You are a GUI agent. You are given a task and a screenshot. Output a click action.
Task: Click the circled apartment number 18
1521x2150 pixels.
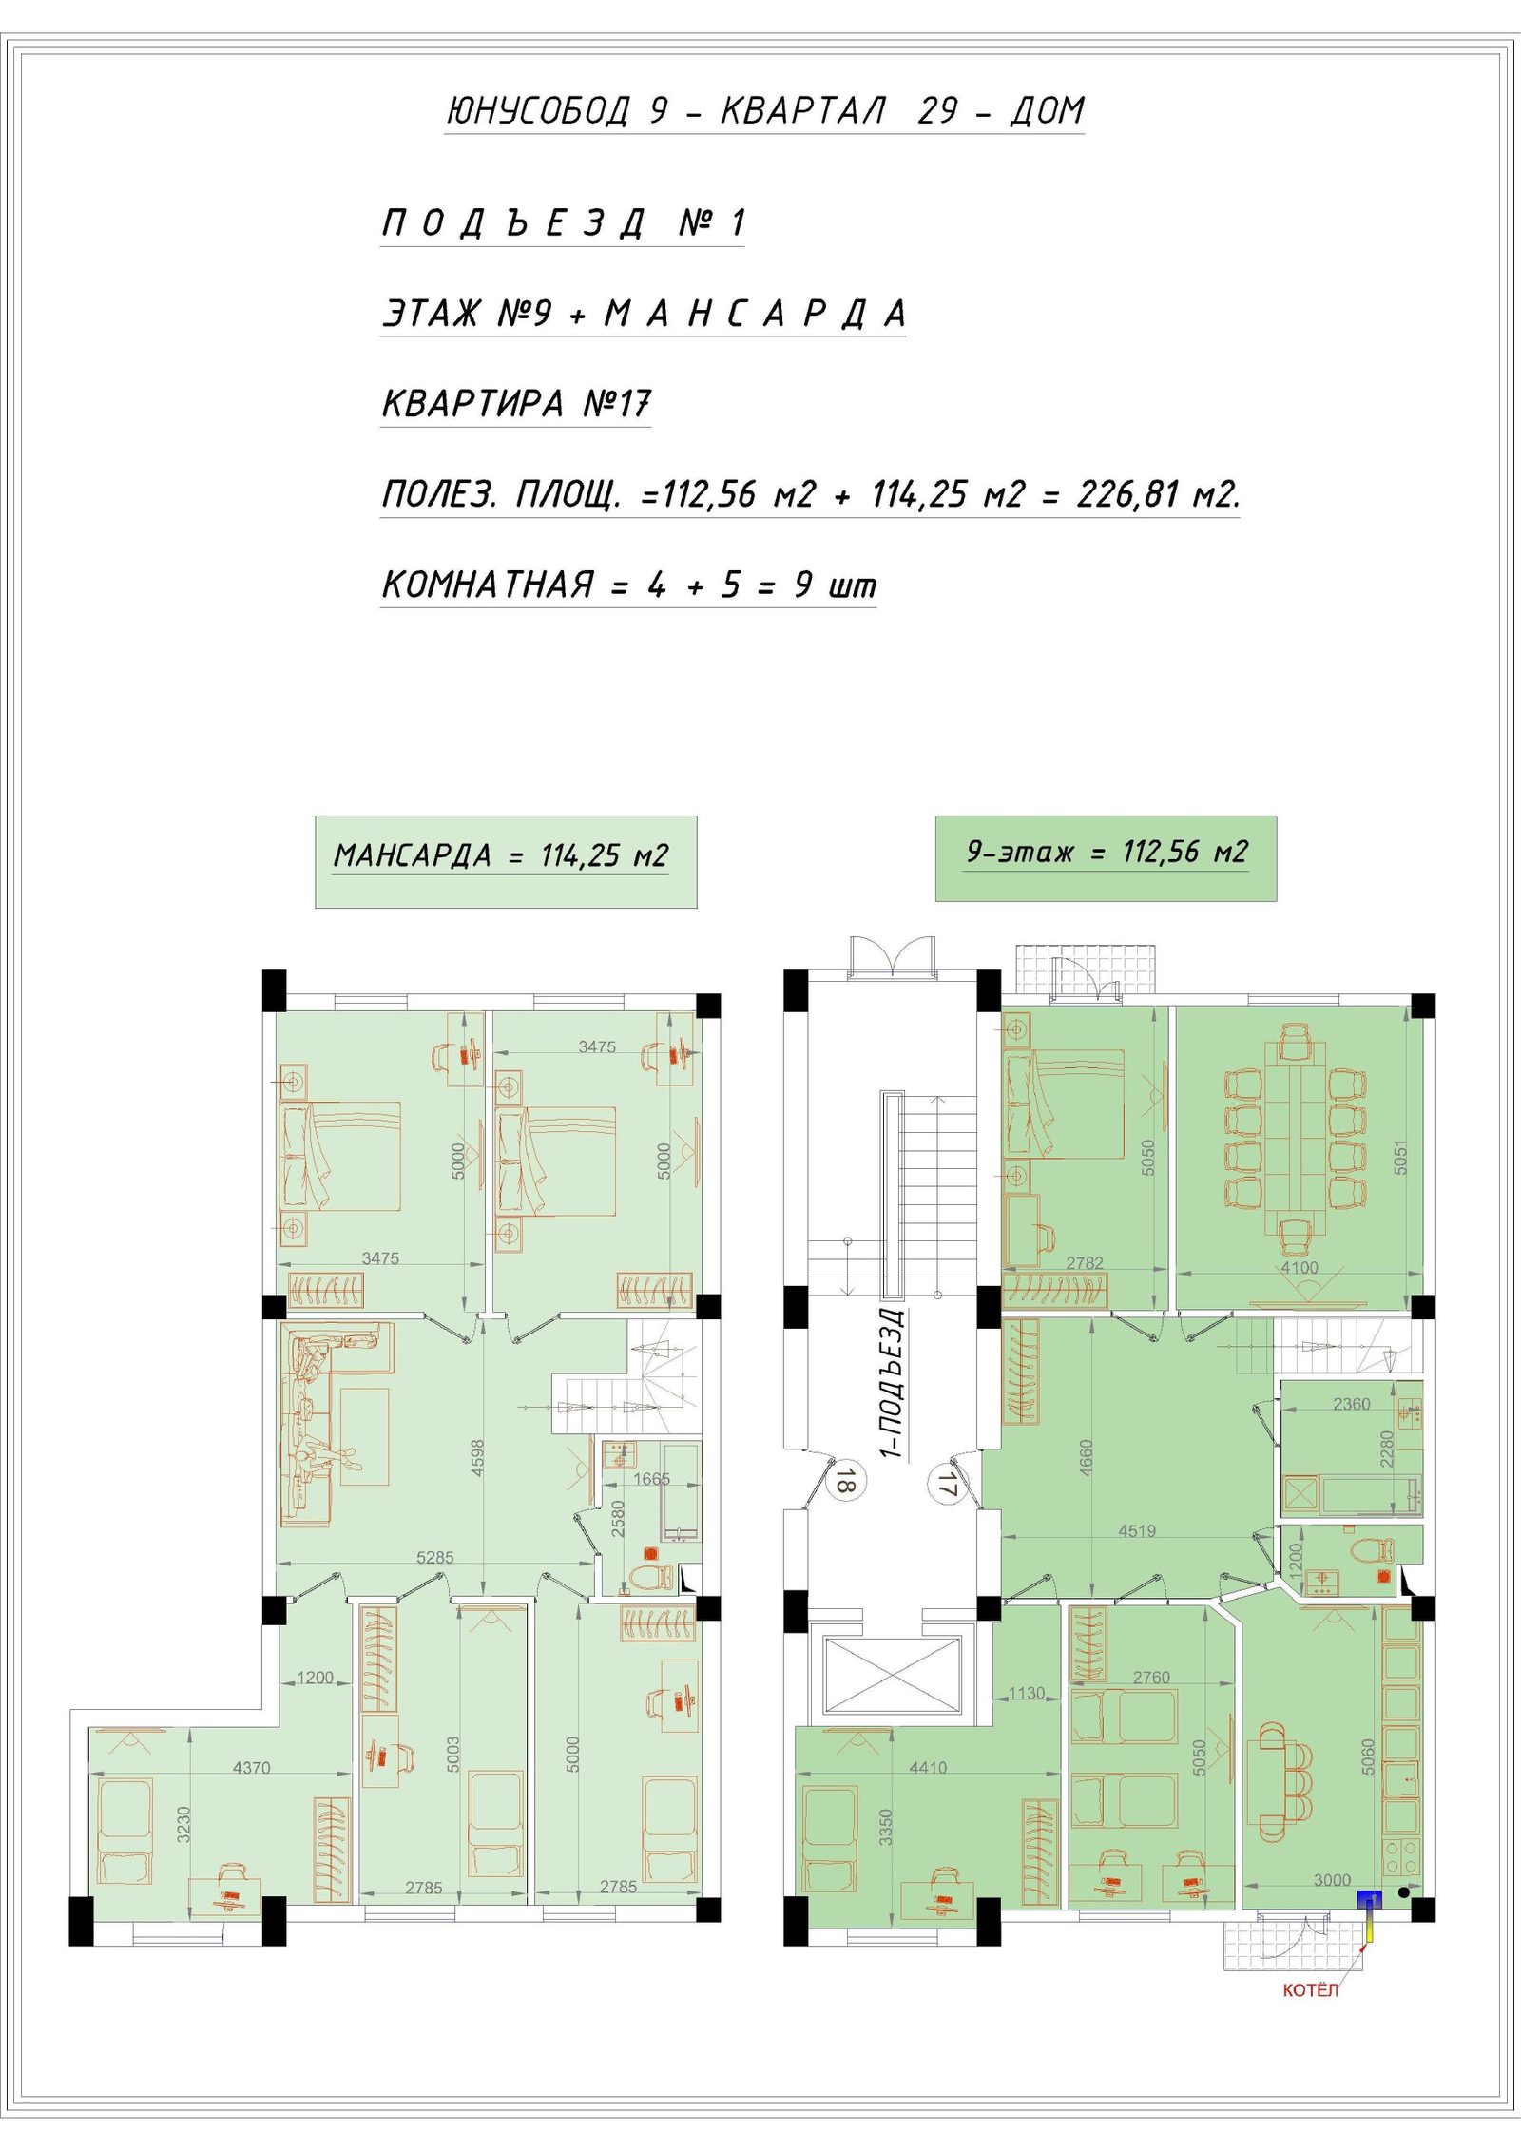pyautogui.click(x=846, y=1481)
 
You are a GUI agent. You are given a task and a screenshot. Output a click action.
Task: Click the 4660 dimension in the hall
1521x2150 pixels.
pyautogui.click(x=1087, y=1458)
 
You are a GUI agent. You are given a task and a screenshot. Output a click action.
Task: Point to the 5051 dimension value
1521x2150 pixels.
pyautogui.click(x=1399, y=1157)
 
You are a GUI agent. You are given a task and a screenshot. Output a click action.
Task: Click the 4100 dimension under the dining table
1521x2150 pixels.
pyautogui.click(x=1300, y=1268)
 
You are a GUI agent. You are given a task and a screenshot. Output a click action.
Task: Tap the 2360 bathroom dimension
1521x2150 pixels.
pyautogui.click(x=1351, y=1404)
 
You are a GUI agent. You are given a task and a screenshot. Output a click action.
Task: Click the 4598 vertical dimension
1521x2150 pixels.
pyautogui.click(x=477, y=1457)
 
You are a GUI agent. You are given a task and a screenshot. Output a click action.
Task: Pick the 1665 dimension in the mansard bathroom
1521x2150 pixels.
pyautogui.click(x=651, y=1479)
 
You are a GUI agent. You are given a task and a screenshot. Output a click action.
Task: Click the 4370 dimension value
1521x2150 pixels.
pyautogui.click(x=252, y=1768)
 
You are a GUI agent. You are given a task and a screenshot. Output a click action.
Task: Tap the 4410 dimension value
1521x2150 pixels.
pyautogui.click(x=928, y=1768)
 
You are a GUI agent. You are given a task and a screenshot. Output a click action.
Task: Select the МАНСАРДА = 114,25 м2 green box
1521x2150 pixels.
pyautogui.click(x=506, y=862)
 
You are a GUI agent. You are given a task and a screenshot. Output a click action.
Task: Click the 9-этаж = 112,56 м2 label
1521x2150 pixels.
pyautogui.click(x=1107, y=852)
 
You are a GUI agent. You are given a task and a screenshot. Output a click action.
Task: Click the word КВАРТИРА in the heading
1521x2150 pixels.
pyautogui.click(x=472, y=404)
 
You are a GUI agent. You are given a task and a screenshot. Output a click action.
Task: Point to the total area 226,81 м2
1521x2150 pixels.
pyautogui.click(x=1158, y=494)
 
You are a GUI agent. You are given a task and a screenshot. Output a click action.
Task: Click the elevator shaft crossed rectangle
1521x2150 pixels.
pyautogui.click(x=892, y=1674)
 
